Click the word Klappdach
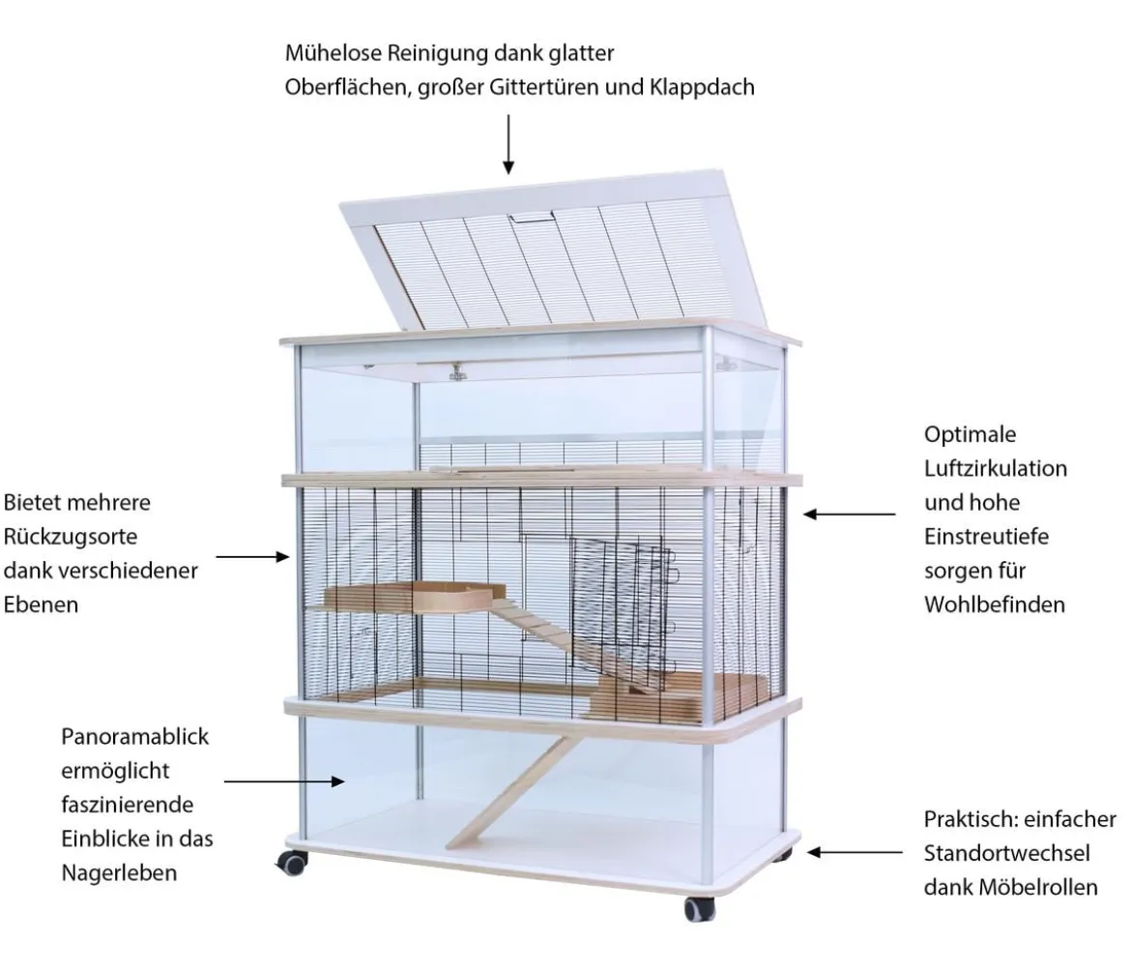tap(702, 87)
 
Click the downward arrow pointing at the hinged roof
tap(508, 144)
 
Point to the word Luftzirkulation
tap(996, 468)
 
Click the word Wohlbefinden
tap(995, 603)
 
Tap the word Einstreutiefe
tap(986, 536)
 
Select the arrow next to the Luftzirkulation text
tap(849, 515)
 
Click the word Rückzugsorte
tap(70, 537)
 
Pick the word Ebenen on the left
tap(41, 604)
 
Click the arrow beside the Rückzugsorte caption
tap(252, 557)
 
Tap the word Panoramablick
tap(135, 737)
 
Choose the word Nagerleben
tap(119, 873)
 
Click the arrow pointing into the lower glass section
tap(284, 781)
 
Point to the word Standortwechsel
tap(1006, 853)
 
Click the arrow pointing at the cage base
tap(854, 853)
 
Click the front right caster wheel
tap(700, 909)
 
